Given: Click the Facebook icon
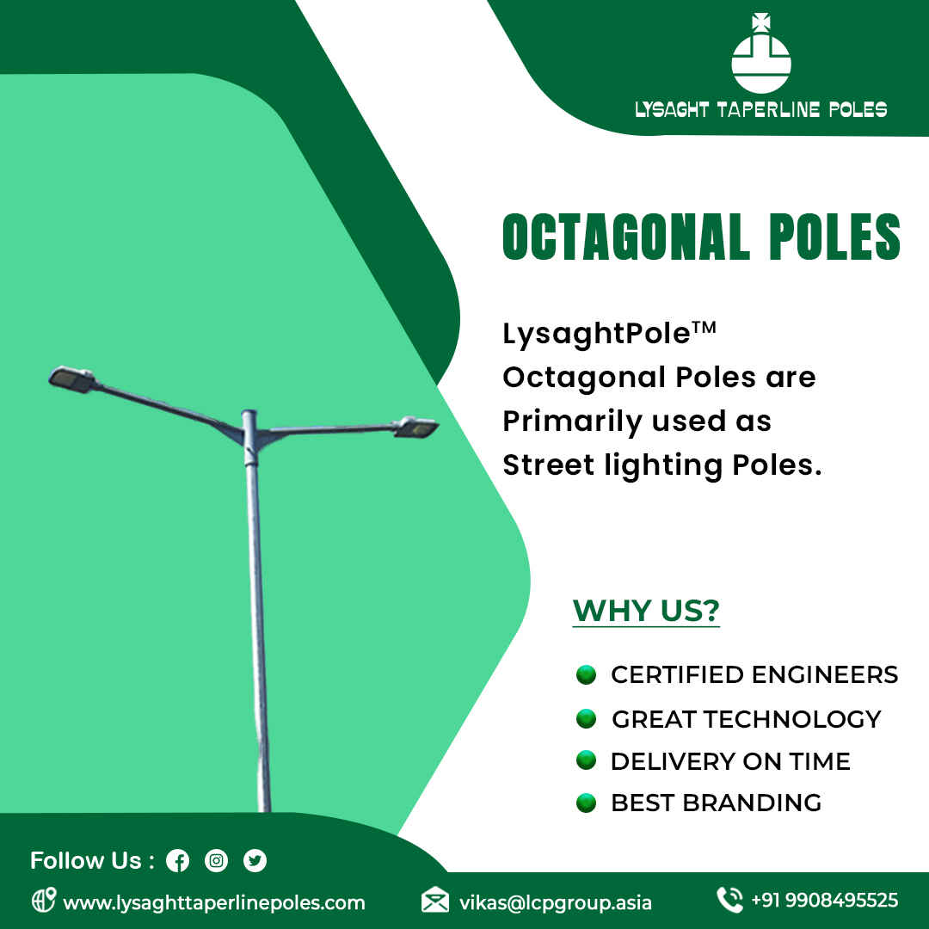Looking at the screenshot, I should (x=178, y=860).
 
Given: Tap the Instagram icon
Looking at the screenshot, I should (x=217, y=860).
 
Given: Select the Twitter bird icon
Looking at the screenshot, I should (x=255, y=860).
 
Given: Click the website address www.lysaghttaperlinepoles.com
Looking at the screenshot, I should (x=214, y=903).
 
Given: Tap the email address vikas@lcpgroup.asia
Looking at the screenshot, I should (x=555, y=903).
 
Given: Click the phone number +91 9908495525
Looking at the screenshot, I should (x=824, y=901).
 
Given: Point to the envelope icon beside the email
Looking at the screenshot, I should (x=435, y=901).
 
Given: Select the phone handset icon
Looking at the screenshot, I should (x=729, y=900).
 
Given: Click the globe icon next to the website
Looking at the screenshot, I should (x=43, y=901).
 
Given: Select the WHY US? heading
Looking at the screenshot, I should (x=646, y=611).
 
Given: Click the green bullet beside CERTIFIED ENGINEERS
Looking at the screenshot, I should (x=586, y=674).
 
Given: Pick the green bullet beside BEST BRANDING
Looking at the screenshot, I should (x=586, y=803).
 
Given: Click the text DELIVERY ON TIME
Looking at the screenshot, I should (x=730, y=761).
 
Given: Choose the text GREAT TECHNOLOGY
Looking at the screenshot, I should (x=746, y=719).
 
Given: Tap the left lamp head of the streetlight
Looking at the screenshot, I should (x=72, y=379).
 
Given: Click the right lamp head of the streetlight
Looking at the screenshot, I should (x=416, y=427).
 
